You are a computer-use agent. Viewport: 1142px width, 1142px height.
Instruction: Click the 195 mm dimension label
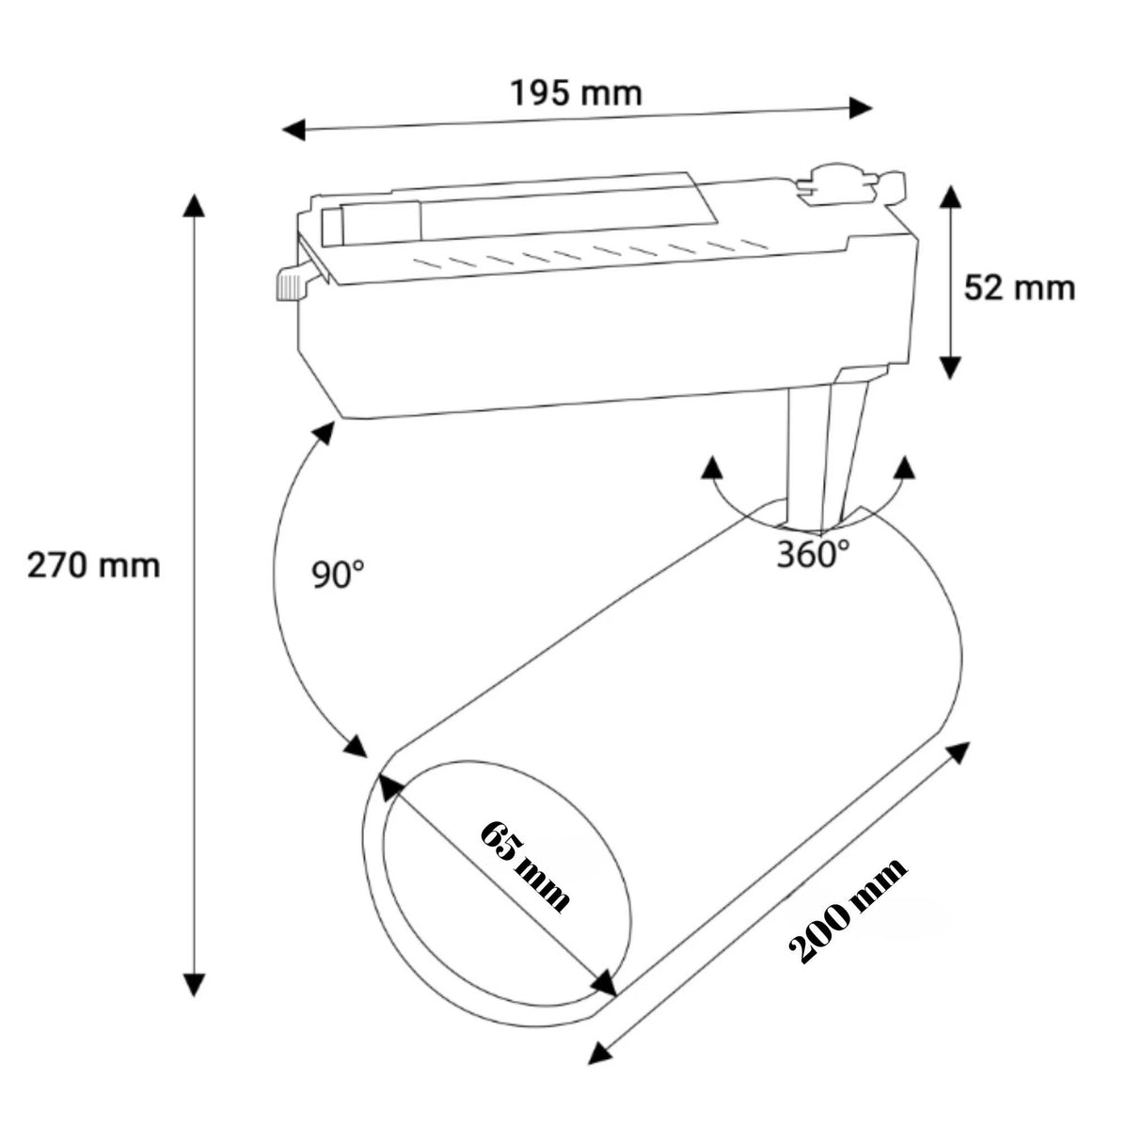click(x=576, y=93)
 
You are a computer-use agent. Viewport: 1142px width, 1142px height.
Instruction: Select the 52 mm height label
click(x=1019, y=287)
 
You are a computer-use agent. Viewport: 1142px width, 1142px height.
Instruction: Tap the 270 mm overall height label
click(x=93, y=566)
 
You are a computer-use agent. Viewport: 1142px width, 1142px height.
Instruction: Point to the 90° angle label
click(x=339, y=574)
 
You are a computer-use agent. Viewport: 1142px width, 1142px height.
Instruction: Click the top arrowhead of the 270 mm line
click(x=194, y=206)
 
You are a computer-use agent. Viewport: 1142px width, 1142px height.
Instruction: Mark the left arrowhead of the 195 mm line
click(x=294, y=130)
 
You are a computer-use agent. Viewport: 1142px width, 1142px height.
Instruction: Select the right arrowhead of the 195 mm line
click(x=861, y=107)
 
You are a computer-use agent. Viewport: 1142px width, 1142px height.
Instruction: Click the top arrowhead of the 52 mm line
click(x=952, y=197)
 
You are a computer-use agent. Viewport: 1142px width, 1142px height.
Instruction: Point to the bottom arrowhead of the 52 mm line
click(x=952, y=367)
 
